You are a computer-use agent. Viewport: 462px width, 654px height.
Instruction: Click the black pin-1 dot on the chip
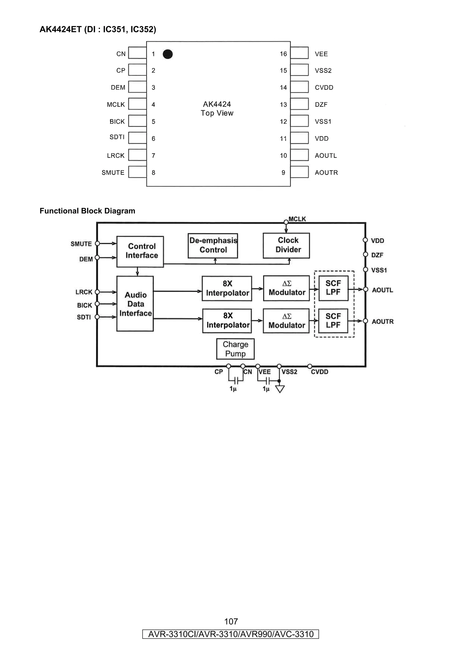pyautogui.click(x=168, y=54)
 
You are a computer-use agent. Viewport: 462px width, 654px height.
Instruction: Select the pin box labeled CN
pyautogui.click(x=137, y=53)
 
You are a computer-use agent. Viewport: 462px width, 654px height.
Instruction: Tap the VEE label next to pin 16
pyautogui.click(x=321, y=54)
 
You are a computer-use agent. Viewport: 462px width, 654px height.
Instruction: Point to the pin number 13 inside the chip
pyautogui.click(x=283, y=104)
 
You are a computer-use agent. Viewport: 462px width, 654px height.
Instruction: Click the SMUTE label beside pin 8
pyautogui.click(x=113, y=173)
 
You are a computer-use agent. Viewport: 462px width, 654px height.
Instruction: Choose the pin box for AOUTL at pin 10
pyautogui.click(x=299, y=155)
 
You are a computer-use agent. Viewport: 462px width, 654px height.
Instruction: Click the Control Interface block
pyautogui.click(x=140, y=251)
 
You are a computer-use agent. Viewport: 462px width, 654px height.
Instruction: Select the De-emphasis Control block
pyautogui.click(x=213, y=246)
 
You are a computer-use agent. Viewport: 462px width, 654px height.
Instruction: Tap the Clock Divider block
pyautogui.click(x=286, y=246)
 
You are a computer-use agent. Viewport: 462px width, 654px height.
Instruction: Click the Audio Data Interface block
pyautogui.click(x=135, y=304)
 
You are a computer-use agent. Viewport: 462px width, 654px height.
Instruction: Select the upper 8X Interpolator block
pyautogui.click(x=227, y=288)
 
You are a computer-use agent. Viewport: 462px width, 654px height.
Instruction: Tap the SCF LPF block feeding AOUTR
pyautogui.click(x=333, y=321)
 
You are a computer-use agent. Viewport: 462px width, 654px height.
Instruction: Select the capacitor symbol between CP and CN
pyautogui.click(x=236, y=380)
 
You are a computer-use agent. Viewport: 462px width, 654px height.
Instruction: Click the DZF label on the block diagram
pyautogui.click(x=377, y=255)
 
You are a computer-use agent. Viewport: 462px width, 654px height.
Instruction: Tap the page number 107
pyautogui.click(x=231, y=621)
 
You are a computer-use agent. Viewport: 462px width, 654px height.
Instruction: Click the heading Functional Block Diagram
pyautogui.click(x=87, y=211)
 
